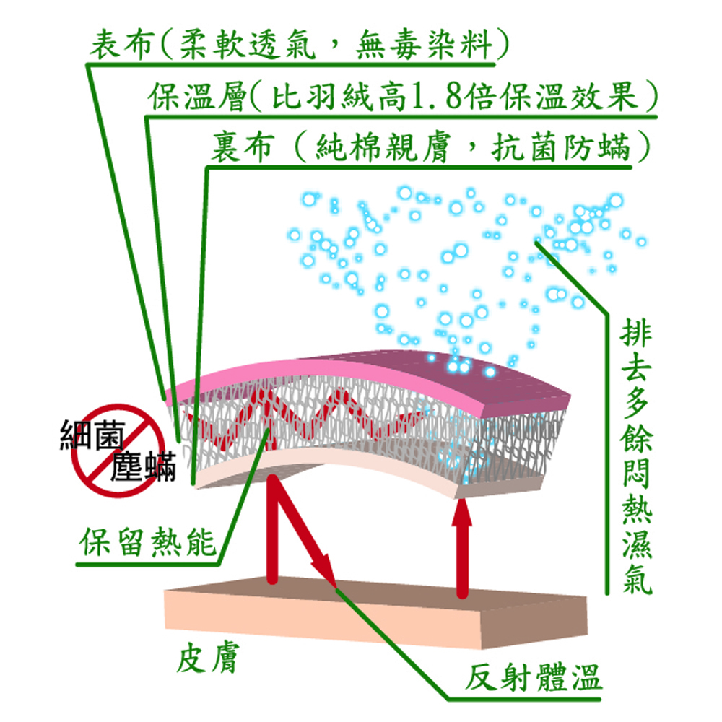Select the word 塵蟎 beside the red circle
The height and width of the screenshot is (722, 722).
pyautogui.click(x=144, y=466)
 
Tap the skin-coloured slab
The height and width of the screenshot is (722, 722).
pyautogui.click(x=375, y=614)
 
